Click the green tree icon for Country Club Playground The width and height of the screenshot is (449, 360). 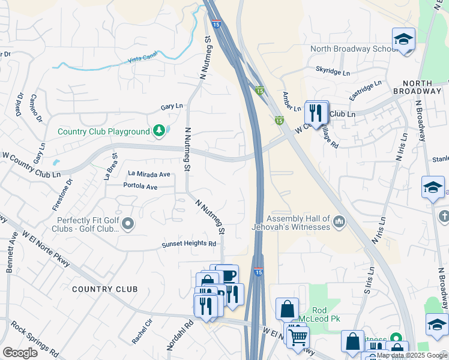point(158,131)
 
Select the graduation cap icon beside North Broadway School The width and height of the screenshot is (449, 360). point(403,40)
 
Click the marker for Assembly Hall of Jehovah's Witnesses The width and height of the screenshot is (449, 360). point(339,223)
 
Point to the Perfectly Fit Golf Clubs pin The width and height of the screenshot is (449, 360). point(127,224)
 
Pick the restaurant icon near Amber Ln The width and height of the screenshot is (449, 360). point(315,112)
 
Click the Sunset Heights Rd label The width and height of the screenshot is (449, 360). point(188,244)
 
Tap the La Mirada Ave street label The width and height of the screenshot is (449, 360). point(149,174)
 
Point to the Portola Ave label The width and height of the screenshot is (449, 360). point(140,187)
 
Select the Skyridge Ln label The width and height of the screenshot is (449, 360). point(333,71)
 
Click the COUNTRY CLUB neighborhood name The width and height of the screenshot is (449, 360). point(104,289)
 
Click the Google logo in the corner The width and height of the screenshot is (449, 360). point(20,353)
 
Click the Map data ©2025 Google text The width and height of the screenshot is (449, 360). point(412,355)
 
